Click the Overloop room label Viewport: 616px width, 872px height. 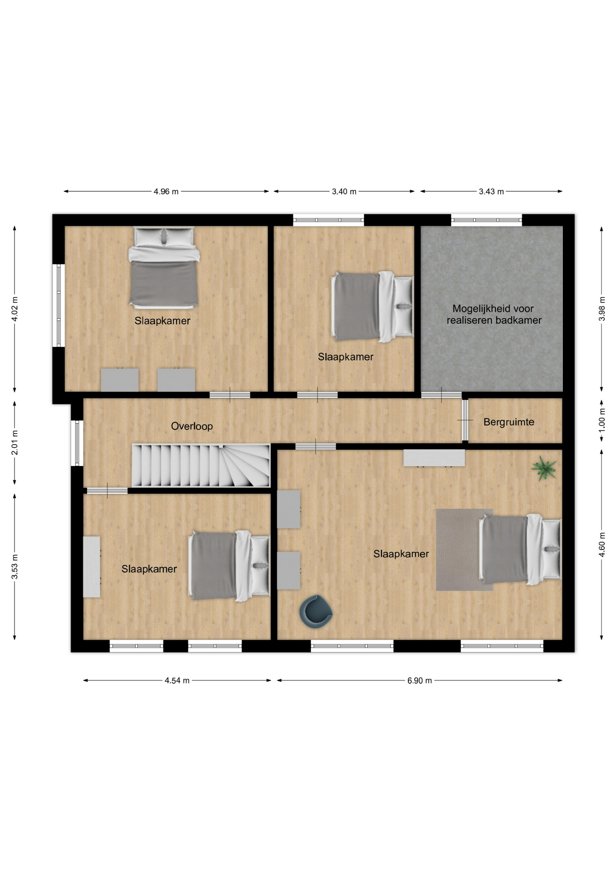tap(192, 426)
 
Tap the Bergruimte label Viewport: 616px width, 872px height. tap(509, 422)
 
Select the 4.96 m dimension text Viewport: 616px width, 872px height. tap(166, 192)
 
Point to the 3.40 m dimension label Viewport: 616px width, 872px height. tap(344, 192)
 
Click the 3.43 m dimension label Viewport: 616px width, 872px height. tap(491, 192)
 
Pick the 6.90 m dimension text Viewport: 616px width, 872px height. tap(420, 680)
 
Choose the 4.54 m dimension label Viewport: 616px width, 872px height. tap(177, 680)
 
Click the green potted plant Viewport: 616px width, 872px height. tap(544, 469)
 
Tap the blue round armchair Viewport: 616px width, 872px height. tap(316, 611)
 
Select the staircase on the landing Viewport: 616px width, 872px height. tap(200, 466)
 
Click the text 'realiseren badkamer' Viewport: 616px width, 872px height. tap(494, 320)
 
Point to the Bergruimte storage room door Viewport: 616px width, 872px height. tap(465, 420)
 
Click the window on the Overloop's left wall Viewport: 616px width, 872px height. tap(77, 443)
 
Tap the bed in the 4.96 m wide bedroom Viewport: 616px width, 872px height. tap(164, 267)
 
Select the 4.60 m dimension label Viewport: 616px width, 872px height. tap(602, 544)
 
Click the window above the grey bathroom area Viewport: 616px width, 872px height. tap(486, 220)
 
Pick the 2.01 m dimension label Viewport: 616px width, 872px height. tap(15, 442)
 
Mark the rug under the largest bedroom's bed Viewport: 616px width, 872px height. tap(464, 550)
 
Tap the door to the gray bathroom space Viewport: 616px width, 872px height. tap(441, 395)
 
